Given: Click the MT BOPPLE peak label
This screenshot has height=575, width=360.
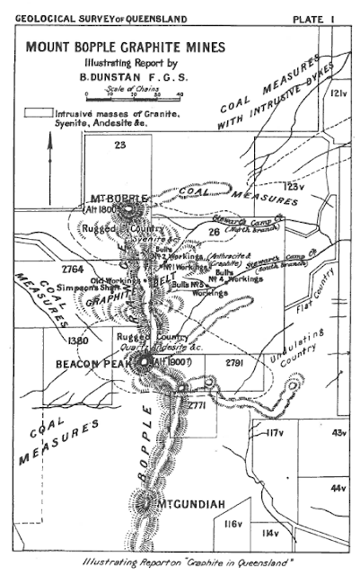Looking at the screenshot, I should [x=111, y=196].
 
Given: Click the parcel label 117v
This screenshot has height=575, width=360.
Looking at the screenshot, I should [x=274, y=434].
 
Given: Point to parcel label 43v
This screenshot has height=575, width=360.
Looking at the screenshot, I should [x=338, y=434].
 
